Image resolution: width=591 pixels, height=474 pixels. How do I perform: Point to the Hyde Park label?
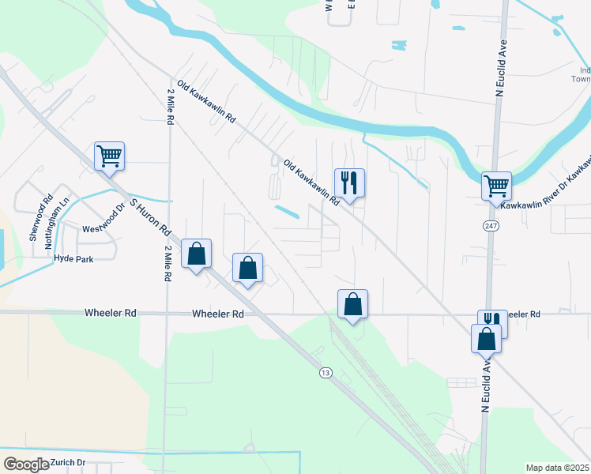click(73, 258)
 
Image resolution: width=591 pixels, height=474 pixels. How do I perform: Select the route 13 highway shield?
click(326, 372)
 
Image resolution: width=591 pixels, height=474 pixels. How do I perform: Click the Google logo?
click(26, 465)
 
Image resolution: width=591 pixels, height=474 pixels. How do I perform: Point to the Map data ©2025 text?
click(557, 468)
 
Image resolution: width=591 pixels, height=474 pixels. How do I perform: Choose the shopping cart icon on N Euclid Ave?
click(496, 186)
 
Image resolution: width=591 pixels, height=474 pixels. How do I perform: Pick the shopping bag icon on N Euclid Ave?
click(486, 339)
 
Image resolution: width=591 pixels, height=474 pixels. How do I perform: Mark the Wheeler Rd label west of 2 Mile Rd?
click(110, 314)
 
